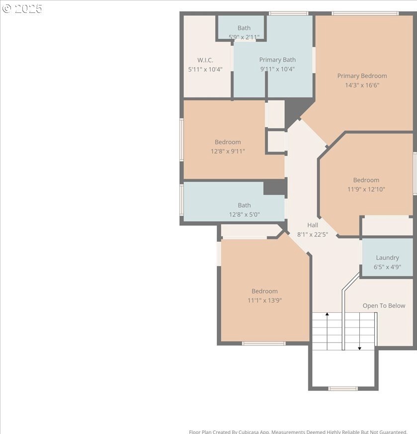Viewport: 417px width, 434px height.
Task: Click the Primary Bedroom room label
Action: click(362, 76)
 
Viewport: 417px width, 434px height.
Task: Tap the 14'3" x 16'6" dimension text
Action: click(362, 85)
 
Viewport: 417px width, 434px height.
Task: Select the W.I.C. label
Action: click(205, 60)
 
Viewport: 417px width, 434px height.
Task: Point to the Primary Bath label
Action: click(277, 60)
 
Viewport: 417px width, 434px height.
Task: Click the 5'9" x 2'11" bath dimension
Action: click(244, 37)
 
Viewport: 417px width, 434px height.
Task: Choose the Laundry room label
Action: click(387, 258)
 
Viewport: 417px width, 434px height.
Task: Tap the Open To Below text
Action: click(384, 306)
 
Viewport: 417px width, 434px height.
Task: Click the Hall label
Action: click(313, 225)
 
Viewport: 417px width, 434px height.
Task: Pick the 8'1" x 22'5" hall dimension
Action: click(313, 235)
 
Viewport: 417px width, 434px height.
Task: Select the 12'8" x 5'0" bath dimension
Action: click(245, 214)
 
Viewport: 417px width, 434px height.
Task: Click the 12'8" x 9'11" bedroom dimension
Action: click(228, 152)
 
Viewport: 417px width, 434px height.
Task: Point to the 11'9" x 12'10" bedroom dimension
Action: click(366, 189)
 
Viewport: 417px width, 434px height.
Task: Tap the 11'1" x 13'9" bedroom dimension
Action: click(264, 300)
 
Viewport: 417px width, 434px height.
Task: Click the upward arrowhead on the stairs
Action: click(327, 314)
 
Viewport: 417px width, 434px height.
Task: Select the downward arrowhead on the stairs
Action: click(359, 348)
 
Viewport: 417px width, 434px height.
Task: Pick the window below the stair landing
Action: click(343, 389)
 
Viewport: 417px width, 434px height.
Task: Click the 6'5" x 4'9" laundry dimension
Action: click(387, 267)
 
